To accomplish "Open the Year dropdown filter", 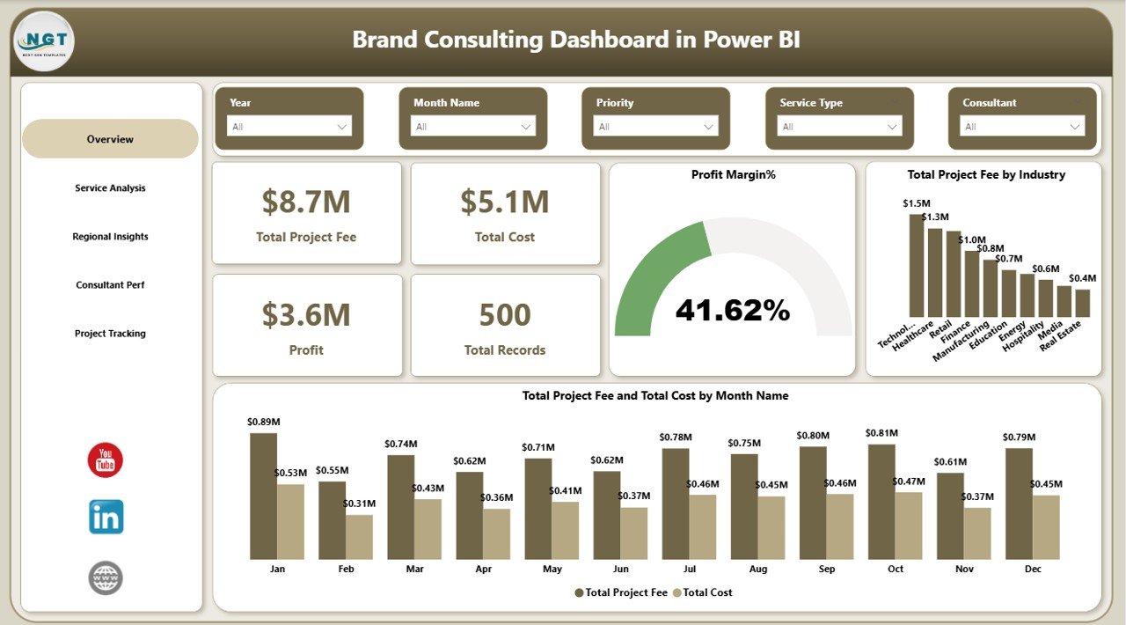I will (289, 127).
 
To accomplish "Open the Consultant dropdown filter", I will (1022, 127).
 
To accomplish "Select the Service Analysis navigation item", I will (110, 188).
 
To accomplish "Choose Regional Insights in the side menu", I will (110, 237).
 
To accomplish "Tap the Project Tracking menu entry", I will (110, 334).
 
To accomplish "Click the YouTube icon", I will (106, 460).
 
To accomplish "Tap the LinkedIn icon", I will (106, 518).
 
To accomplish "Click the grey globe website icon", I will (106, 578).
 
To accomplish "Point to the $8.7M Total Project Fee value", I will (306, 202).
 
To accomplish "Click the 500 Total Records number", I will (505, 315).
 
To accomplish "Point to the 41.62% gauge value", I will (733, 310).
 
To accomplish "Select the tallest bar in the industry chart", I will (916, 265).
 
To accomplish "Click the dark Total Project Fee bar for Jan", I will (263, 496).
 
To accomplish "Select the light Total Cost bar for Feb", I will (359, 536).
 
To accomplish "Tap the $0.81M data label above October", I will (881, 433).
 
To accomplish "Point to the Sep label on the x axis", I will (827, 570).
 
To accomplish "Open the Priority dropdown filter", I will (655, 127).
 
